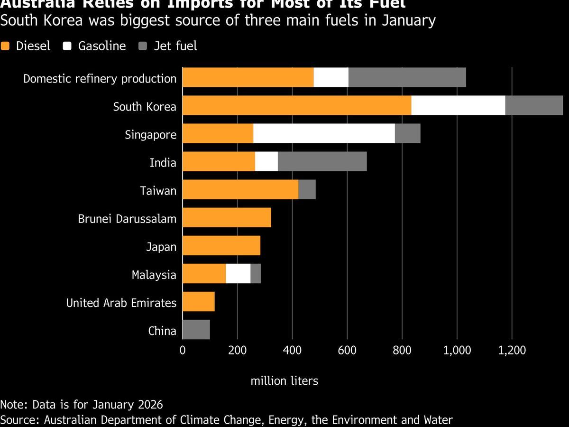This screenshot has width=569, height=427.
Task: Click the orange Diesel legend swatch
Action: [5, 46]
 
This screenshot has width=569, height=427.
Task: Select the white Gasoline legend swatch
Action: [67, 46]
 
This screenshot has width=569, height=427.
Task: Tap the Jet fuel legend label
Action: [175, 46]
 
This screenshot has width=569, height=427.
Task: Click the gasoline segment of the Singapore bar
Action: [324, 133]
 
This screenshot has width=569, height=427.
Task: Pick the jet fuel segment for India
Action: [322, 161]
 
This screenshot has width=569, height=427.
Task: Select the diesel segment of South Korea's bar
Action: [296, 105]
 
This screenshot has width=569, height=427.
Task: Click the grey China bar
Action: [196, 329]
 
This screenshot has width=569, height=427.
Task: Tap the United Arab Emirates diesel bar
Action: [198, 301]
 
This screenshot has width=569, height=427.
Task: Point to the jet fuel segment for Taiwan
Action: [307, 189]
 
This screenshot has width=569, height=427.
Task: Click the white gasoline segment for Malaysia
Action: [238, 274]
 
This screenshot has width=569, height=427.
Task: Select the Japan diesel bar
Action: [221, 246]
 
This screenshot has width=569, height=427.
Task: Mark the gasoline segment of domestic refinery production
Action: [331, 77]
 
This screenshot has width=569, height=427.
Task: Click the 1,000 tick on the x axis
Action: [457, 351]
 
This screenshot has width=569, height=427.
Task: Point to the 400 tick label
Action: [292, 351]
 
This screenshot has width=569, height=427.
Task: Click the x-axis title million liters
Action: [284, 381]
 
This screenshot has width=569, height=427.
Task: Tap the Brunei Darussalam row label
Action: [127, 219]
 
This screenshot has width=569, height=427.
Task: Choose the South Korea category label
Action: [144, 107]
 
